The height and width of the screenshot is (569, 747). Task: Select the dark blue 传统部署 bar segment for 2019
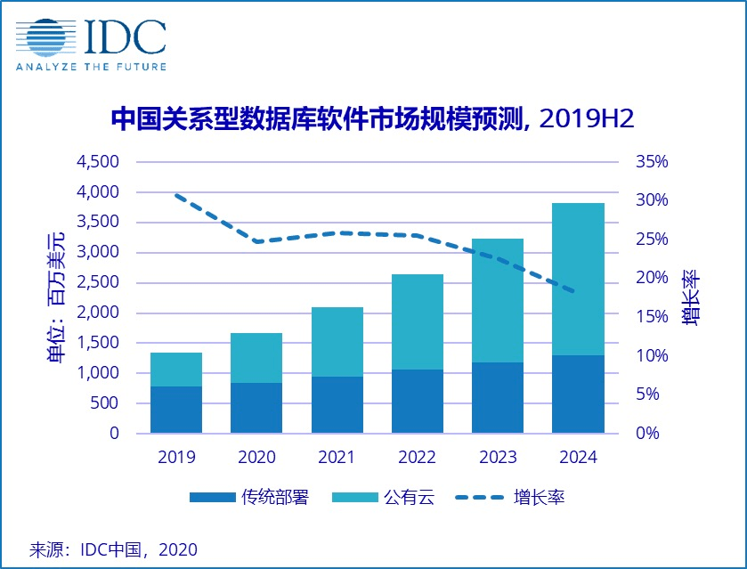pyautogui.click(x=175, y=410)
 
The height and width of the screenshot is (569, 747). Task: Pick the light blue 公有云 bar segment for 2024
pyautogui.click(x=578, y=279)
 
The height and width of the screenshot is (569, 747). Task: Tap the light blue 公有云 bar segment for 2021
pyautogui.click(x=337, y=342)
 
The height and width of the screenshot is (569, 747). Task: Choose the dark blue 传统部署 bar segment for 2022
pyautogui.click(x=418, y=401)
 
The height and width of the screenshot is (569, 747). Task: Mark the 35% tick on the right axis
pyautogui.click(x=652, y=162)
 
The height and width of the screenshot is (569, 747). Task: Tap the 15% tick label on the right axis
pyautogui.click(x=652, y=317)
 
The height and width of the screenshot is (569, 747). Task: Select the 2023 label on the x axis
pyautogui.click(x=498, y=458)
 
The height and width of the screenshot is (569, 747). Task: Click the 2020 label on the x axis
pyautogui.click(x=256, y=458)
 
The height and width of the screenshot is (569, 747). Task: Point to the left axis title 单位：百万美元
pyautogui.click(x=55, y=297)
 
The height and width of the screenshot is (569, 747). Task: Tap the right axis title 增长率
pyautogui.click(x=692, y=297)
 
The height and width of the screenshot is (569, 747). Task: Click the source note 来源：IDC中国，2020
pyautogui.click(x=113, y=549)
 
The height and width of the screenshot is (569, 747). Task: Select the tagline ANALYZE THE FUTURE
pyautogui.click(x=91, y=67)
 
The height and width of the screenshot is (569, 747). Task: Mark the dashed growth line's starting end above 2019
pyautogui.click(x=176, y=195)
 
